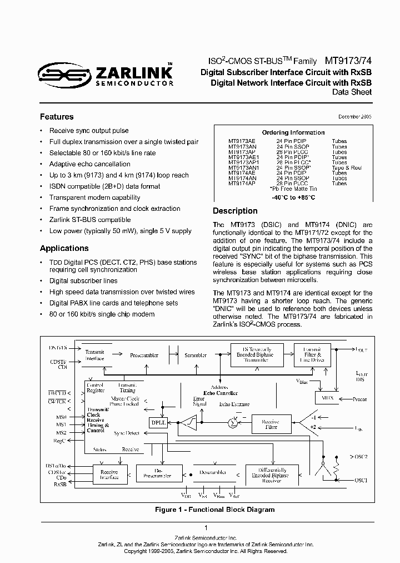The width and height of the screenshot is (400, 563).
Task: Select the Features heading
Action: (x=57, y=117)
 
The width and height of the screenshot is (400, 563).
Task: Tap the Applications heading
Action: (x=64, y=248)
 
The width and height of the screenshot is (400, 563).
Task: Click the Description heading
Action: (x=235, y=211)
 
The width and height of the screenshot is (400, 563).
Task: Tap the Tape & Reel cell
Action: (x=347, y=167)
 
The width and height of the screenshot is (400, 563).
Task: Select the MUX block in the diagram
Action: (x=323, y=398)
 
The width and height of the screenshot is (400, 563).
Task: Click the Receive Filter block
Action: (x=270, y=424)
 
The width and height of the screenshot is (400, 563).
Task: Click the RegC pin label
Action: (x=59, y=441)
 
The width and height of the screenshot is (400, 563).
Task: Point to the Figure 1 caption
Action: (x=214, y=510)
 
